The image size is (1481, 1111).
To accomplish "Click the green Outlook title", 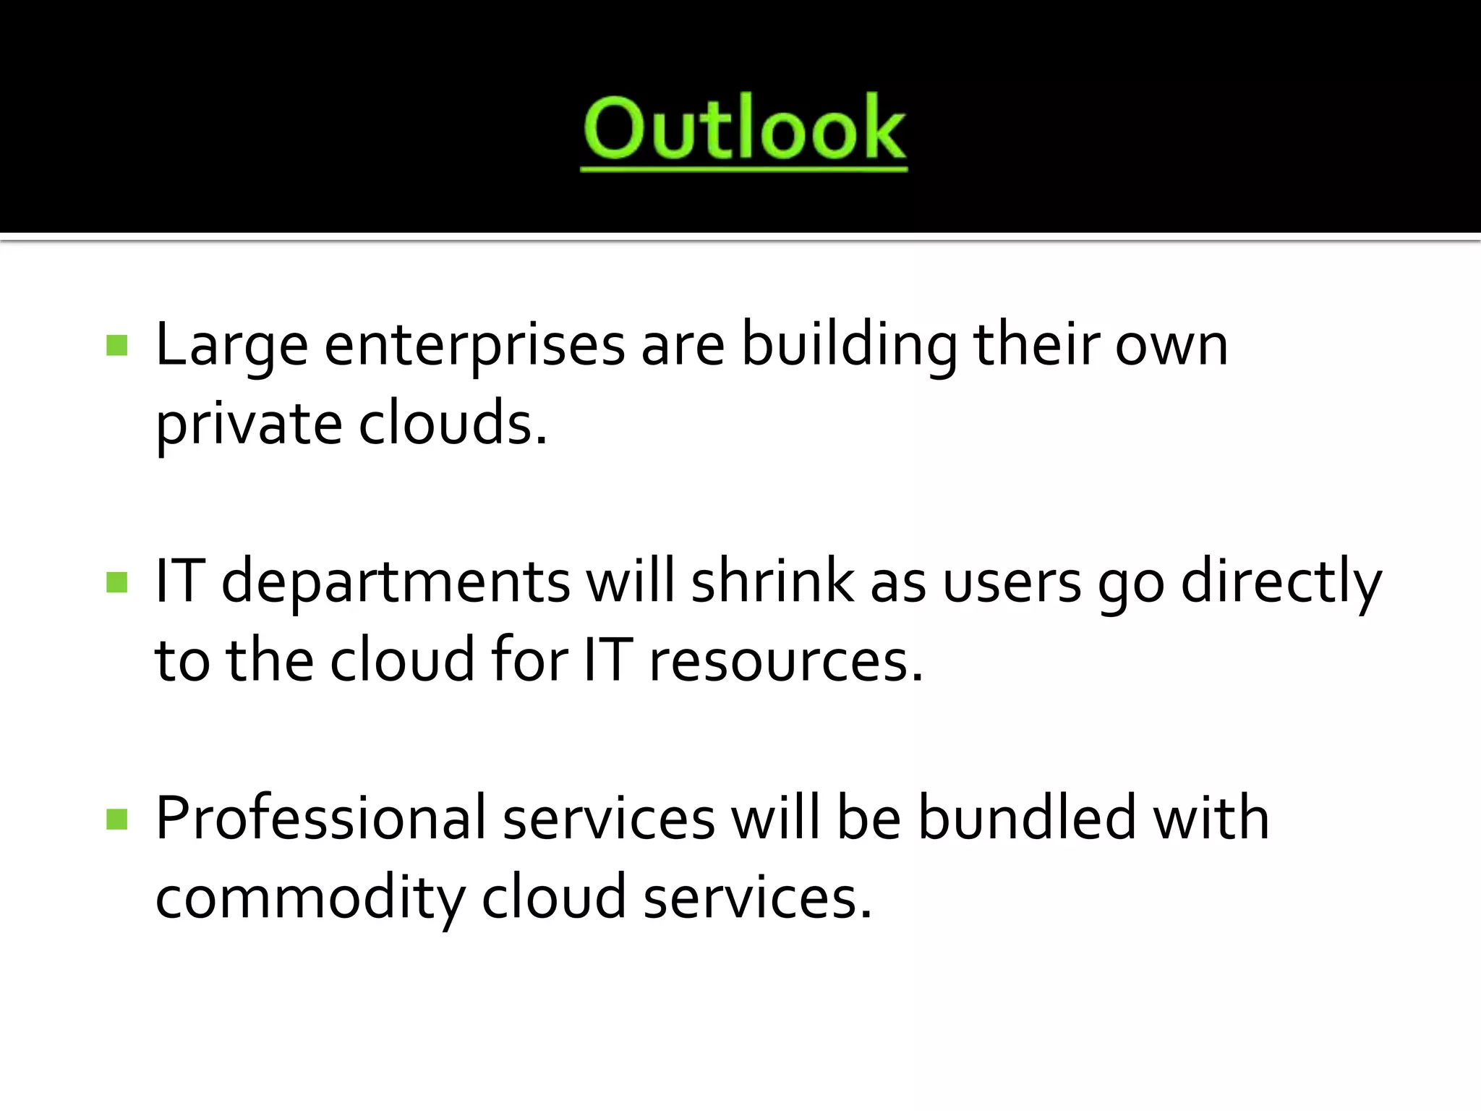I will (x=743, y=130).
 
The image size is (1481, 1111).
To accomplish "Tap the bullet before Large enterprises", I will (x=116, y=346).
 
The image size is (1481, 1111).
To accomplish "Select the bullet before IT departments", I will (x=116, y=582).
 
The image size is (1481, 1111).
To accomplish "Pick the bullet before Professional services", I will (x=116, y=820).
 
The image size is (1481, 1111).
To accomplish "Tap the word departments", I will (x=396, y=583).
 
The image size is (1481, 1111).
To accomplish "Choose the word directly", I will (x=1281, y=583).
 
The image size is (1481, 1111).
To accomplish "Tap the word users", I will (x=1012, y=583).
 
